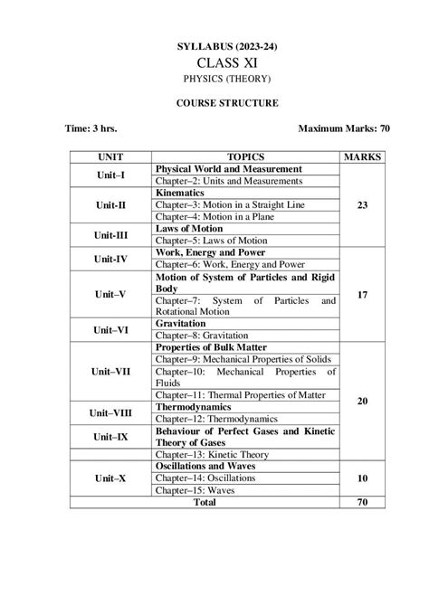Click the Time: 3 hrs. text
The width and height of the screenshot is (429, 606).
pos(91,129)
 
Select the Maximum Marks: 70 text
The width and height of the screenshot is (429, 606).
pos(344,129)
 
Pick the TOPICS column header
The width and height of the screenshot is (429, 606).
pos(245,156)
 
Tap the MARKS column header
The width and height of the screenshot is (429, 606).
pos(362,156)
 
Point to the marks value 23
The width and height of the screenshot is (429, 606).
pos(362,205)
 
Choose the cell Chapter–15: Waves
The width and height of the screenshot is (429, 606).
pos(190,488)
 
